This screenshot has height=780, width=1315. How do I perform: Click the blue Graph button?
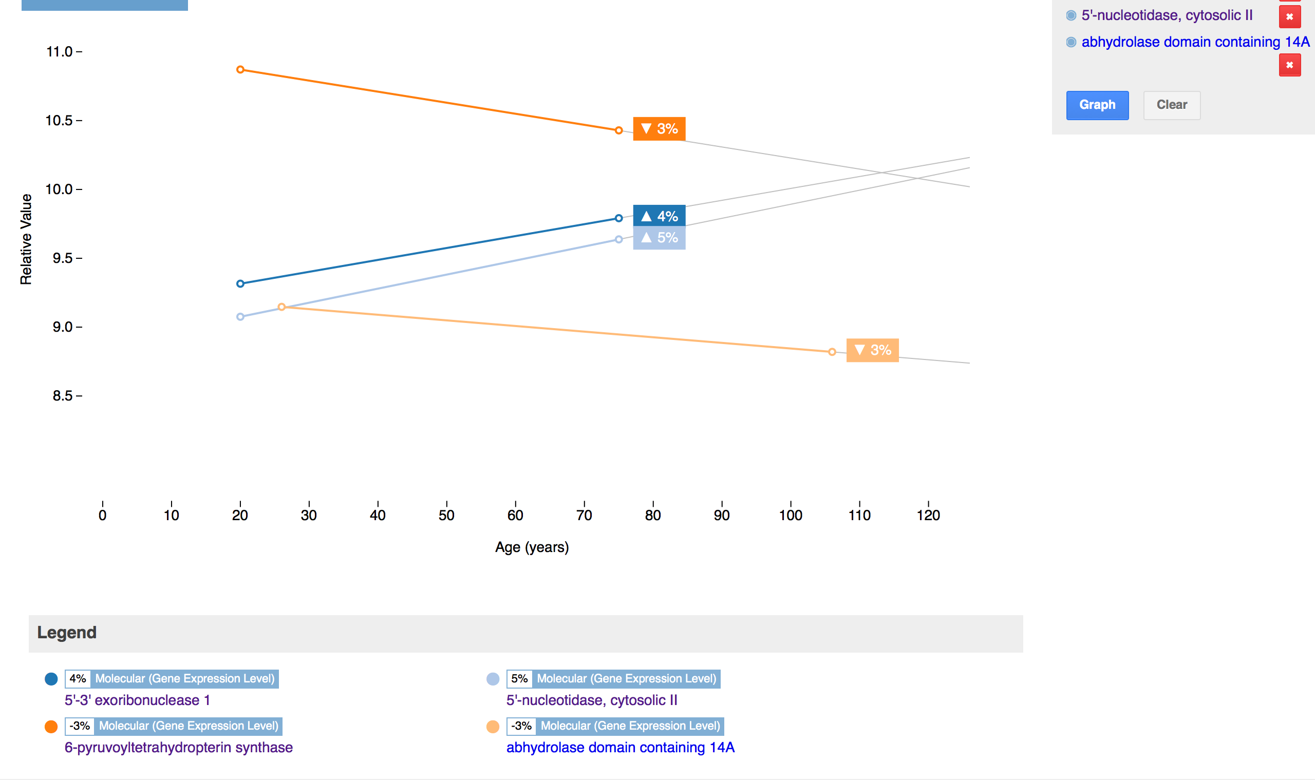(x=1097, y=105)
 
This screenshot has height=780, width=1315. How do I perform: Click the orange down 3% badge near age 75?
(x=659, y=129)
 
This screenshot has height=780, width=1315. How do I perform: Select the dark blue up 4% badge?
(x=659, y=216)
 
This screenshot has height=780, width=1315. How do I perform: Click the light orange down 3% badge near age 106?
(x=872, y=350)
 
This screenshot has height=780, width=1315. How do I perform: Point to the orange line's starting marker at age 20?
(x=240, y=69)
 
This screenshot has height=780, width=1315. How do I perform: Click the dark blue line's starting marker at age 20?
(x=240, y=284)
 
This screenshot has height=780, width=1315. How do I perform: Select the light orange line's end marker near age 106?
(x=832, y=352)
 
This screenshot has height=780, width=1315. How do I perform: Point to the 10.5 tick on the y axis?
(x=63, y=121)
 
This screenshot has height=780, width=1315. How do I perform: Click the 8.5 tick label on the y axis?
(x=63, y=396)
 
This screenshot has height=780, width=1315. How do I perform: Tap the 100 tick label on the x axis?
(x=790, y=515)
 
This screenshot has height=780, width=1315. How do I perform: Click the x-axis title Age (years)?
(x=532, y=547)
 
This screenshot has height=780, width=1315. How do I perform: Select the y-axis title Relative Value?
(x=26, y=239)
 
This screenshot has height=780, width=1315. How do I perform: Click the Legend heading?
(x=67, y=632)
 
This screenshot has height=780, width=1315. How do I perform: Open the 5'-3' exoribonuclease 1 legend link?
(x=137, y=700)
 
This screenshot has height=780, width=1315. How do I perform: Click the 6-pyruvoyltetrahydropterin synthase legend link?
(x=178, y=748)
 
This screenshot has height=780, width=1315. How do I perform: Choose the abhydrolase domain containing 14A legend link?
(x=620, y=748)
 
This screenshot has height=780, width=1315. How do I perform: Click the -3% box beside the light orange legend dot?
(x=521, y=726)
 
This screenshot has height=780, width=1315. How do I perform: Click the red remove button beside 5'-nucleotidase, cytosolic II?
(x=1289, y=17)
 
